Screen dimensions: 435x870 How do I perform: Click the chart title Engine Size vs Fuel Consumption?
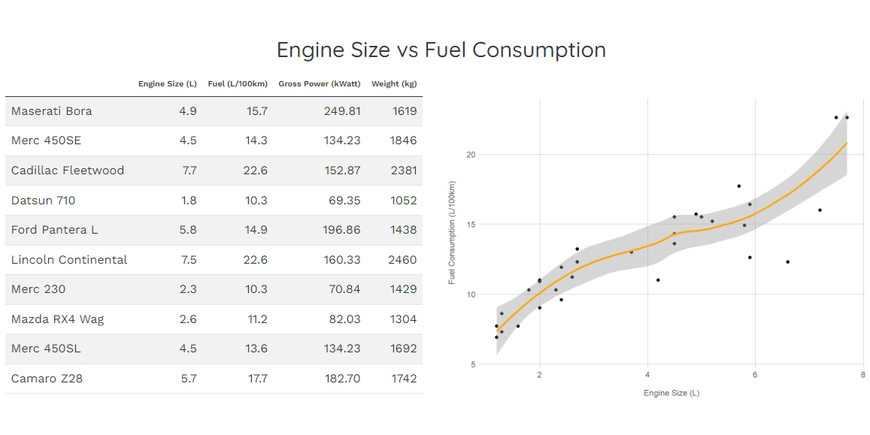point(441,50)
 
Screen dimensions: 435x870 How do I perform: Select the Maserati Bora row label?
point(52,111)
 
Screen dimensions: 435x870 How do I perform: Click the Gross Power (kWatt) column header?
point(319,84)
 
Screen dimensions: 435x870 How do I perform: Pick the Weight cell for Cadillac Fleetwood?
point(404,171)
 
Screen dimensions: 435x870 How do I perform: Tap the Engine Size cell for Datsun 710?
point(188,201)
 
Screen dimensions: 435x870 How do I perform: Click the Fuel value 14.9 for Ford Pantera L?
point(257,230)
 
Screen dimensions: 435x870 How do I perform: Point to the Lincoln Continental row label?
point(69,260)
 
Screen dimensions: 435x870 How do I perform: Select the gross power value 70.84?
point(341,289)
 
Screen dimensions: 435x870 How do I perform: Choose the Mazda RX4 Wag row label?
point(58,319)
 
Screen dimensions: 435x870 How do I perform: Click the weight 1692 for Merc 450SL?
point(404,349)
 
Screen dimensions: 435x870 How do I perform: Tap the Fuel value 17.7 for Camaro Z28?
point(258,379)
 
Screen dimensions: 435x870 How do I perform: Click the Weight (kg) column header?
point(394,84)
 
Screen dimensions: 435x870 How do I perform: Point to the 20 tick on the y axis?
point(471,155)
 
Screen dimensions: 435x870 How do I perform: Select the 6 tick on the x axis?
point(755,375)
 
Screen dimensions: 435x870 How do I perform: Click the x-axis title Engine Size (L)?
point(671,393)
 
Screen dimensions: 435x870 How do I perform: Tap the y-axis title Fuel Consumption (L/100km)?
point(452,232)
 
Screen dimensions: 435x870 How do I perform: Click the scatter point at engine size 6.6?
point(787,262)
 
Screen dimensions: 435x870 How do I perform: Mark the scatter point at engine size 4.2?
point(658,280)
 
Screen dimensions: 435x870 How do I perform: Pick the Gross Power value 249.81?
point(341,111)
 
